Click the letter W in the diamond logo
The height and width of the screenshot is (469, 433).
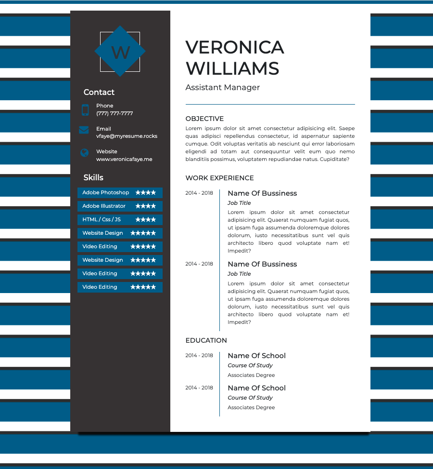point(120,52)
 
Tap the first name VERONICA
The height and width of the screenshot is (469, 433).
point(235,47)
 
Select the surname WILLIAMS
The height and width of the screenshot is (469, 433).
point(232,68)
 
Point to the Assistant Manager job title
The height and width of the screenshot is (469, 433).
point(222,87)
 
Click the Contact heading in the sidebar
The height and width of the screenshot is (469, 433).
point(99,92)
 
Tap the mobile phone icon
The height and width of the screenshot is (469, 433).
point(85,110)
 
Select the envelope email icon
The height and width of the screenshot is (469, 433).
point(84,130)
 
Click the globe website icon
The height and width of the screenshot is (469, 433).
point(85,153)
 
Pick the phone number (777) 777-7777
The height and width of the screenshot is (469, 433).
point(115,113)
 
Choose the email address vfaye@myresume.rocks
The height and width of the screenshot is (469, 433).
point(127,136)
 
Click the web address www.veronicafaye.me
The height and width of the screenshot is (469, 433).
point(124,159)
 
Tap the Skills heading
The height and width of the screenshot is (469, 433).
point(93,177)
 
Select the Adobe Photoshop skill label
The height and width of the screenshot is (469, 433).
point(106,192)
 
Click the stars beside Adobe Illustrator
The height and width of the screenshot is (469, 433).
point(145,206)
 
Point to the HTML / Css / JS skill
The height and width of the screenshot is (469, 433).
point(102,219)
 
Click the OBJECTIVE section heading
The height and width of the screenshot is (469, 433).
point(204,119)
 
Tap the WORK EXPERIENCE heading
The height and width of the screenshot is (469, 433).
point(219,178)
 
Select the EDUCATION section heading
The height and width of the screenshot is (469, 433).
point(206,340)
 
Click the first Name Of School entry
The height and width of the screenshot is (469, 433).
point(256,356)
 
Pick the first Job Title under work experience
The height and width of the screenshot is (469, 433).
point(239,203)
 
